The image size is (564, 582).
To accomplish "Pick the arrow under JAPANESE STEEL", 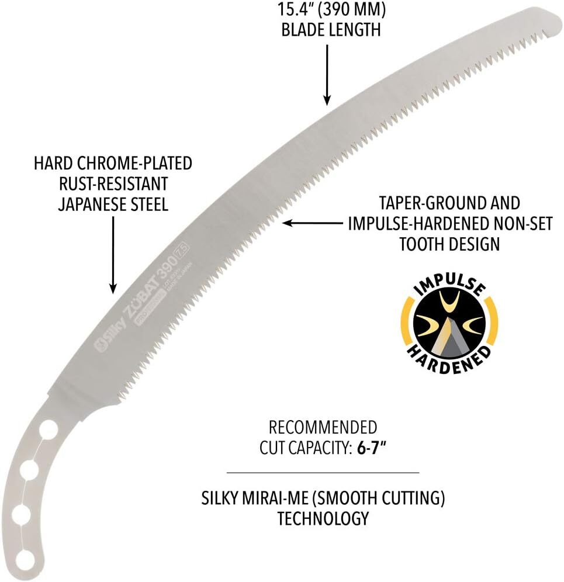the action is (113, 257).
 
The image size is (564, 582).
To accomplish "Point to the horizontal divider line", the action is (323, 472).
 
